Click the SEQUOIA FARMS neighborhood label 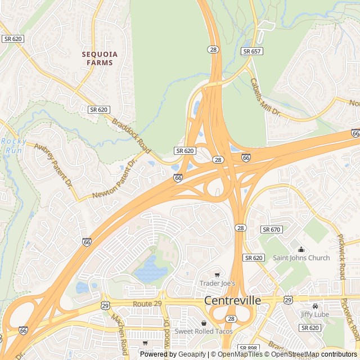tap(100, 58)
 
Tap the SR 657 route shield tap(251, 51)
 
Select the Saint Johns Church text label tap(301, 258)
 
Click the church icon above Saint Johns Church tap(301, 249)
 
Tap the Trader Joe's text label tap(217, 283)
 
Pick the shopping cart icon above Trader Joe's tap(217, 275)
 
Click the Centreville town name tap(232, 300)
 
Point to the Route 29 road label tap(147, 304)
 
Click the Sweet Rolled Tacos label tap(203, 331)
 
